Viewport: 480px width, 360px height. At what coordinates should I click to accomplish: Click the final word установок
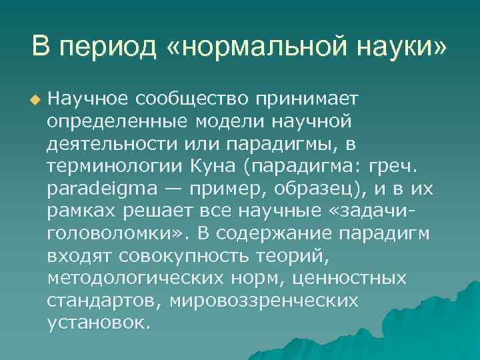coord(99,323)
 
